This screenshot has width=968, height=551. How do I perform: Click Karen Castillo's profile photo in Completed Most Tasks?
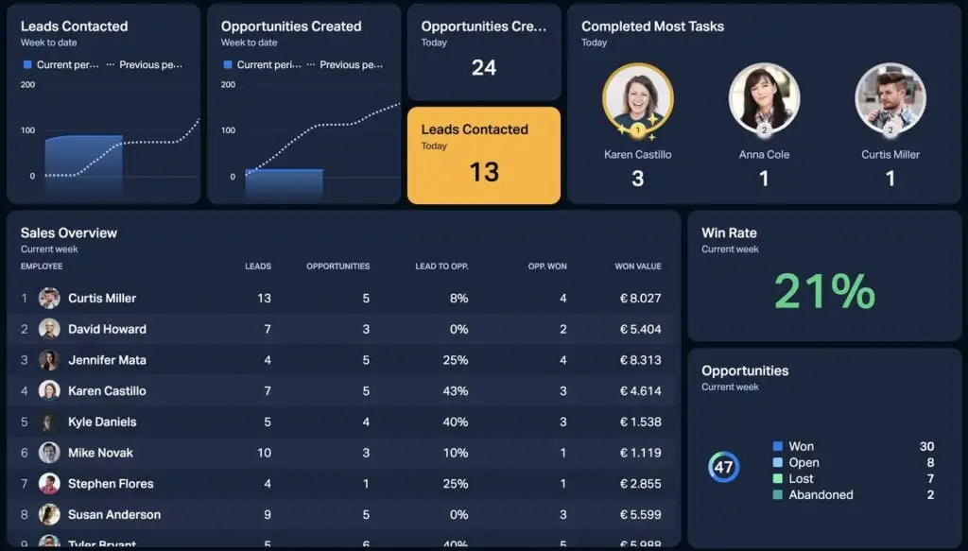pyautogui.click(x=637, y=97)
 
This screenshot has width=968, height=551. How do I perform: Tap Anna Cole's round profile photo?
pyautogui.click(x=764, y=97)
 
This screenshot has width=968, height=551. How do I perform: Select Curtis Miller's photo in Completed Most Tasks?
pyautogui.click(x=890, y=97)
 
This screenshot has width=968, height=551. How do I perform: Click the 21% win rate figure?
pyautogui.click(x=824, y=291)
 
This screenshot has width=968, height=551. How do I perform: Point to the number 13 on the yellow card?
pyautogui.click(x=483, y=172)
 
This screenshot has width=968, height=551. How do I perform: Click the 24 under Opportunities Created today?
pyautogui.click(x=483, y=67)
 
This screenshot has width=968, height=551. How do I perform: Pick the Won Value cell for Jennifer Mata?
pyautogui.click(x=640, y=360)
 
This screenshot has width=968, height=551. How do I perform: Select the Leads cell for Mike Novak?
pyautogui.click(x=264, y=453)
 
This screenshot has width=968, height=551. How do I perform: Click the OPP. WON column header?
pyautogui.click(x=547, y=267)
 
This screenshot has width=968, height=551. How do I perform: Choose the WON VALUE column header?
pyautogui.click(x=638, y=267)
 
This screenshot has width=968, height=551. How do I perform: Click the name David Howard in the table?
pyautogui.click(x=107, y=329)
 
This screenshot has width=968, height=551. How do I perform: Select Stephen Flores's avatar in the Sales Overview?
pyautogui.click(x=49, y=484)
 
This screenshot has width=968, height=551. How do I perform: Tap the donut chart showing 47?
pyautogui.click(x=724, y=467)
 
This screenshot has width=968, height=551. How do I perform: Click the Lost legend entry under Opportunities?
pyautogui.click(x=801, y=479)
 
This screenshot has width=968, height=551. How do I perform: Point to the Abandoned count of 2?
pyautogui.click(x=930, y=495)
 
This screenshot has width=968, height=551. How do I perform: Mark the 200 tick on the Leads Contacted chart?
pyautogui.click(x=27, y=85)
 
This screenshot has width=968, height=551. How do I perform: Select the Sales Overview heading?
pyautogui.click(x=69, y=233)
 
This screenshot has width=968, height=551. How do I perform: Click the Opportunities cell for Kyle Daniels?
pyautogui.click(x=366, y=422)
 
